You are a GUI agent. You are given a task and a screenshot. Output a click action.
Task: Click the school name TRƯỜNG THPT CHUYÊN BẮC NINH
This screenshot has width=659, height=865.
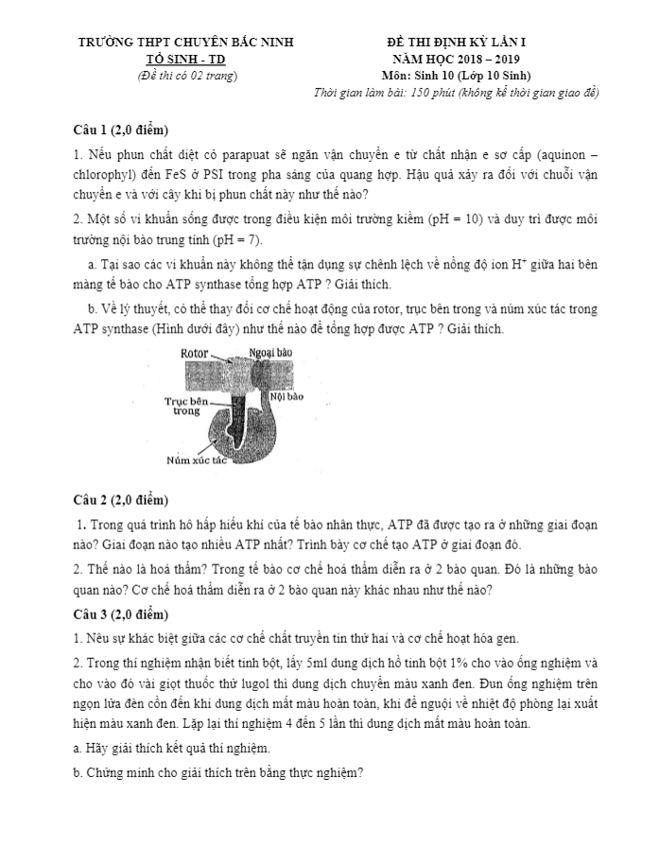(186, 43)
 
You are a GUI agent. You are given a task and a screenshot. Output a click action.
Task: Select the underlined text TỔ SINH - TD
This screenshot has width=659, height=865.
(186, 59)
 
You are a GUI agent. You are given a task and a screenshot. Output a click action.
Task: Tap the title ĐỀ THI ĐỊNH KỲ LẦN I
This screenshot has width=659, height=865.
(461, 43)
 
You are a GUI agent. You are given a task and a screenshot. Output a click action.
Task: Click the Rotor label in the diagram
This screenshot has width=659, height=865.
(194, 353)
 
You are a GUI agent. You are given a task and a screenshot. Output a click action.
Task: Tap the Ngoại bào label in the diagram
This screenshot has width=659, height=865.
(270, 353)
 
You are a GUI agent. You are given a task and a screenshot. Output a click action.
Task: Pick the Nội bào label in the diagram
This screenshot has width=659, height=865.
(286, 397)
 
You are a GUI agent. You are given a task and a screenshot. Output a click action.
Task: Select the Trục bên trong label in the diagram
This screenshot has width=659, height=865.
(186, 406)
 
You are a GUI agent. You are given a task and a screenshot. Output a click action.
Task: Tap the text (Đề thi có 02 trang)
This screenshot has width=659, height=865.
(186, 76)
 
